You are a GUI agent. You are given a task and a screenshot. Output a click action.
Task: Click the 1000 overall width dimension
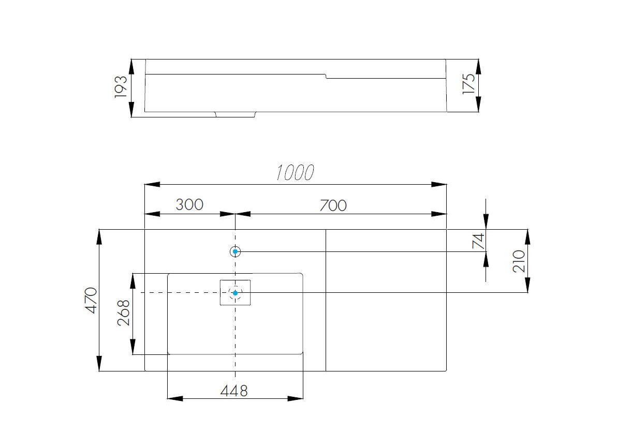pos(295,173)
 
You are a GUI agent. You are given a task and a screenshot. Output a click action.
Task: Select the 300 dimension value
pos(189,204)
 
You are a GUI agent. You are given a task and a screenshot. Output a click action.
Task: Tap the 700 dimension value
pos(333,205)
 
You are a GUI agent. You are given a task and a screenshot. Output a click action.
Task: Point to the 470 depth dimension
pos(91,300)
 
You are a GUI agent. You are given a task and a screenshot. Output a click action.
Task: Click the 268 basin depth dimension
pos(124,313)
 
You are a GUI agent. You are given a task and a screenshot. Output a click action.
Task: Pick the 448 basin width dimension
pos(234,391)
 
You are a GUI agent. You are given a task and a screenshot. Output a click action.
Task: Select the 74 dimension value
pos(478,241)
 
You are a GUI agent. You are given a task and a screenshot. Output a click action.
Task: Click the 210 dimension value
pos(519,261)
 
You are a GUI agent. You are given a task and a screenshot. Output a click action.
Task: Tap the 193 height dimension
pos(121,87)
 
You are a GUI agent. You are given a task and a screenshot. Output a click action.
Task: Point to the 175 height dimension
pos(468,84)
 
